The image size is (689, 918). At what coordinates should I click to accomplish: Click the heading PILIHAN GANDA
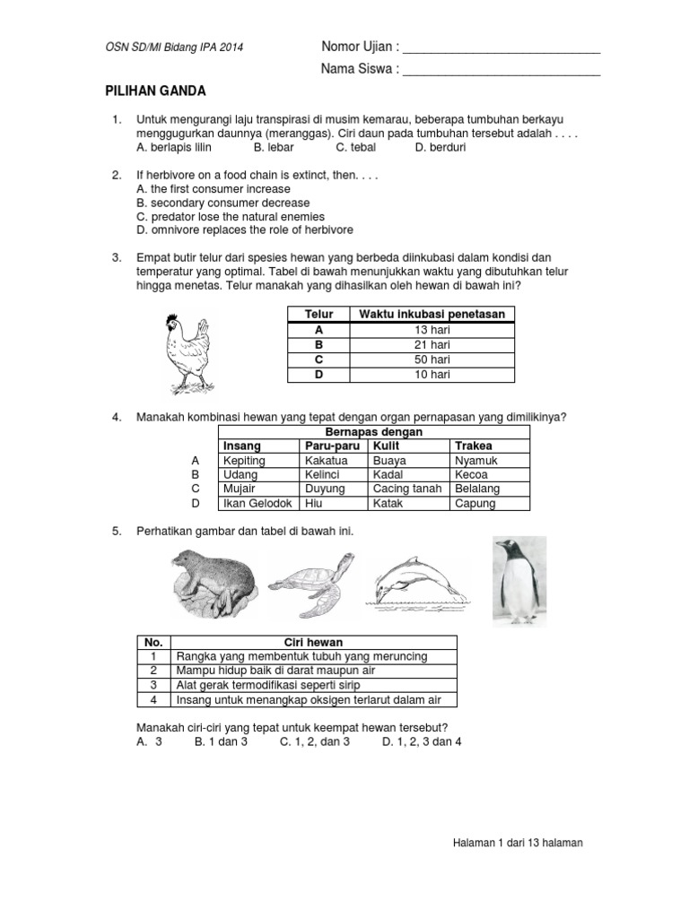coord(156,91)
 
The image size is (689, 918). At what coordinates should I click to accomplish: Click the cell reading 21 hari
coord(432,344)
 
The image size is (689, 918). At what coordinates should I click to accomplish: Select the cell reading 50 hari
coord(432,359)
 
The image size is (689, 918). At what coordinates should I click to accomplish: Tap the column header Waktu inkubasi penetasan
coord(432,314)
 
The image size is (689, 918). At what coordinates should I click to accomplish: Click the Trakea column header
coord(474,446)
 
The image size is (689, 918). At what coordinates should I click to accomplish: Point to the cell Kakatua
coord(326,460)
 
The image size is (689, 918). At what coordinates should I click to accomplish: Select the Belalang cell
coord(477,489)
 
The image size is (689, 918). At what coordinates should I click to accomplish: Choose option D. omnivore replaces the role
coord(243,230)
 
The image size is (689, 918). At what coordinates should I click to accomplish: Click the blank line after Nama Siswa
coord(501,69)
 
